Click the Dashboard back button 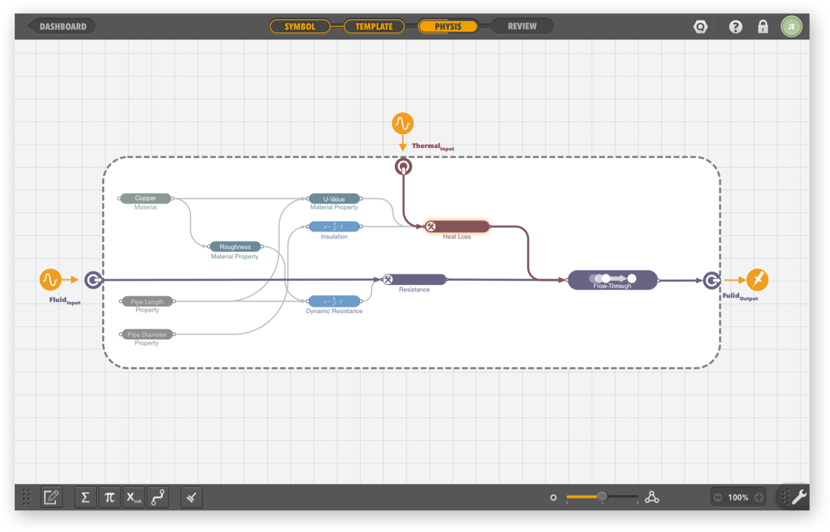pyautogui.click(x=62, y=27)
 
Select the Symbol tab pyautogui.click(x=300, y=27)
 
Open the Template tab pyautogui.click(x=374, y=27)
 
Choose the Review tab pyautogui.click(x=522, y=27)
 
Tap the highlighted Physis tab pyautogui.click(x=448, y=27)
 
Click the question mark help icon pyautogui.click(x=735, y=27)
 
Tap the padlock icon pyautogui.click(x=763, y=27)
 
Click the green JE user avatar pyautogui.click(x=791, y=27)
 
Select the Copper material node pyautogui.click(x=146, y=199)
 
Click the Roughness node pyautogui.click(x=235, y=247)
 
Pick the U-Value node pyautogui.click(x=334, y=199)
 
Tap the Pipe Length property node pyautogui.click(x=147, y=302)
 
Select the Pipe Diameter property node pyautogui.click(x=147, y=335)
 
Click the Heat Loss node pyautogui.click(x=457, y=227)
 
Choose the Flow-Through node pyautogui.click(x=613, y=280)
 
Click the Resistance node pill pyautogui.click(x=415, y=279)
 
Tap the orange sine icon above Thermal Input pyautogui.click(x=403, y=124)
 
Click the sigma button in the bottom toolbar pyautogui.click(x=86, y=498)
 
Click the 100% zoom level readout pyautogui.click(x=738, y=498)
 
